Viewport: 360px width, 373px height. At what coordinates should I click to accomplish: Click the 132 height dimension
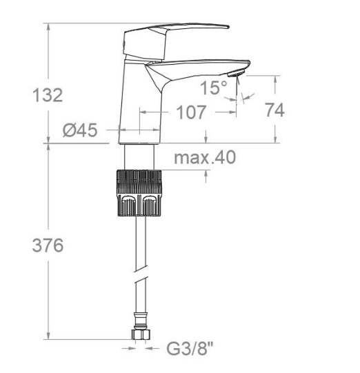pos(48,95)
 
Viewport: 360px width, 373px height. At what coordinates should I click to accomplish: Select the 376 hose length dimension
pos(48,245)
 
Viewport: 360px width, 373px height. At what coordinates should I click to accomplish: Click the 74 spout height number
pos(274,110)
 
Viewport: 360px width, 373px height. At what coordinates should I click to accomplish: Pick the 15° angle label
pos(214,88)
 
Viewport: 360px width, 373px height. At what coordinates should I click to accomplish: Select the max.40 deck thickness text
pos(204,157)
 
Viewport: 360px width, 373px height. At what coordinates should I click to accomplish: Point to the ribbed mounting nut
pos(141,192)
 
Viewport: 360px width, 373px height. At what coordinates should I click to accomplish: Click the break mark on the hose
pos(141,280)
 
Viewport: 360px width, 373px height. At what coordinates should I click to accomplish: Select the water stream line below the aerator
pos(239,90)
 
